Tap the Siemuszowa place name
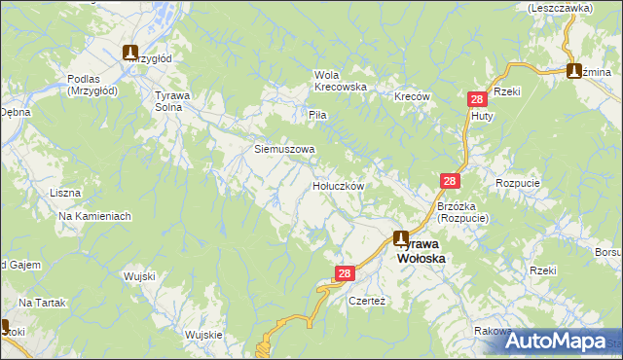coord(284,150)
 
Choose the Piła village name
coord(317,115)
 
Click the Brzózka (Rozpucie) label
coord(462,212)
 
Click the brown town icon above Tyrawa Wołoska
coord(401,237)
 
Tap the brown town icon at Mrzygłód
coord(131,54)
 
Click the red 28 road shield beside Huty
coord(477,99)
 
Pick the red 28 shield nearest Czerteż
coord(344,275)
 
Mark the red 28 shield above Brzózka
coord(450,181)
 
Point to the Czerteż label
coord(368,301)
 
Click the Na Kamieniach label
coord(94,216)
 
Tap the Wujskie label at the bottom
coord(203,335)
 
